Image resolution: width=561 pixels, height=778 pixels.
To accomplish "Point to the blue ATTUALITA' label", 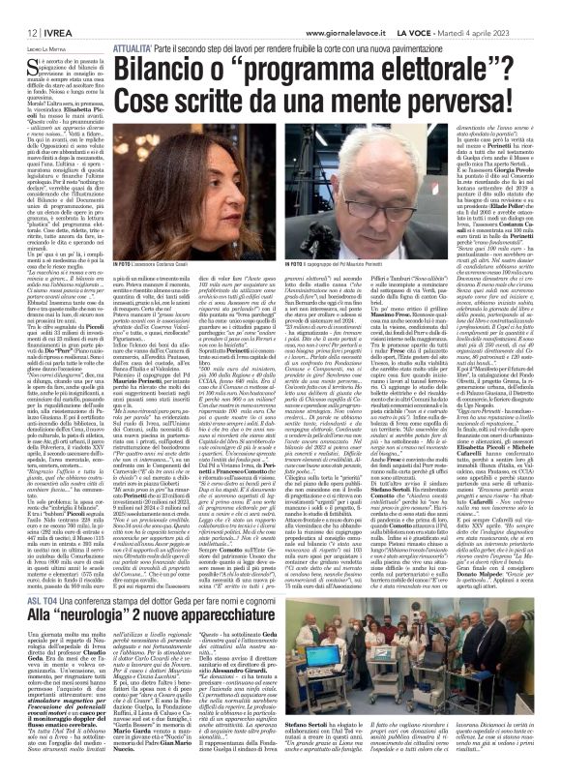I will [x=139, y=46].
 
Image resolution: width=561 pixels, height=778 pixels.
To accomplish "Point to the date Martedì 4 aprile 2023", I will [x=510, y=32].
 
